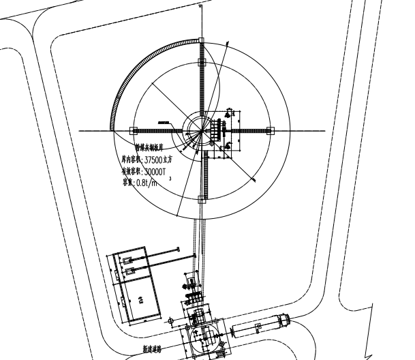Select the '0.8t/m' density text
click(145, 182)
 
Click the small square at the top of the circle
click(200, 40)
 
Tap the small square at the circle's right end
click(270, 130)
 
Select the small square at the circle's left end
click(133, 130)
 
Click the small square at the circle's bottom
click(200, 200)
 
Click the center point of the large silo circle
click(200, 130)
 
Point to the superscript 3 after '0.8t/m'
click(170, 179)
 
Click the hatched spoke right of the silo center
click(249, 130)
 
